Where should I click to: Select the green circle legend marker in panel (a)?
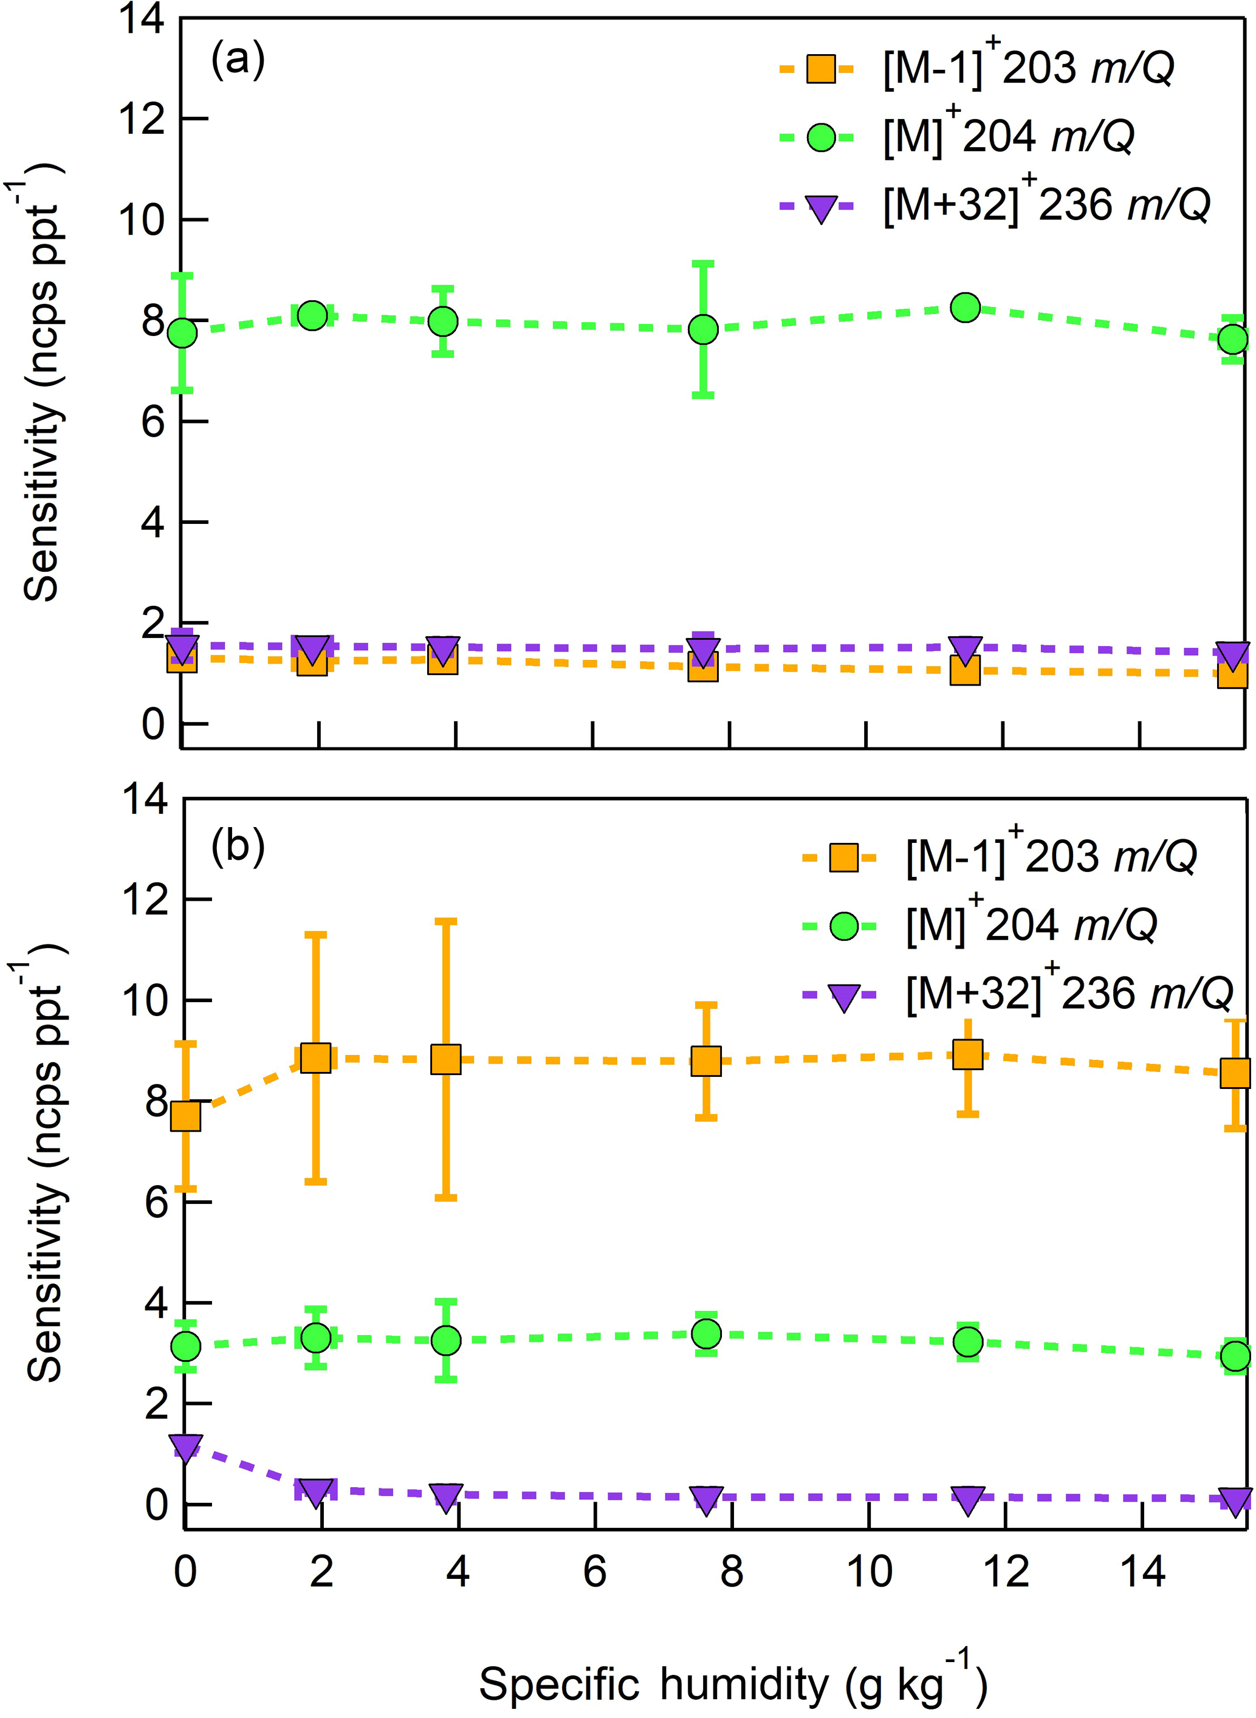[821, 137]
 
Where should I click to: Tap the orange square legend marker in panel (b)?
[843, 858]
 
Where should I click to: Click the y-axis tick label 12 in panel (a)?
[142, 119]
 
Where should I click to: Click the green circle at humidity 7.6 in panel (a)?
[703, 330]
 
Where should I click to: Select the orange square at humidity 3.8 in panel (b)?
[445, 1059]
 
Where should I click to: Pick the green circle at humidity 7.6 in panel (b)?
[706, 1333]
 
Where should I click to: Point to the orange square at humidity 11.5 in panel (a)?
[965, 670]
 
